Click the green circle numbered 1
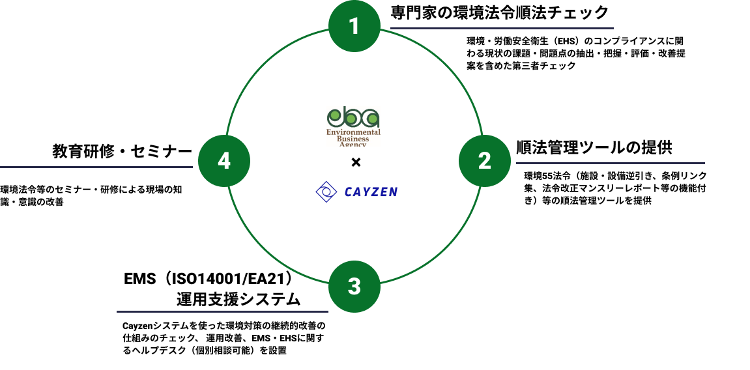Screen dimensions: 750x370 [x=354, y=26]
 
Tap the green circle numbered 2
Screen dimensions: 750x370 [x=484, y=160]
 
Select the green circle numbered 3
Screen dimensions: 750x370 [x=354, y=287]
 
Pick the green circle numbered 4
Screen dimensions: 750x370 [x=224, y=160]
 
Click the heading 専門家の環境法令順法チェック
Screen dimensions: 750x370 [x=500, y=12]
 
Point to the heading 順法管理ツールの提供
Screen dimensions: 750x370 [x=594, y=147]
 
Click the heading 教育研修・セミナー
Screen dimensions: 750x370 [x=123, y=152]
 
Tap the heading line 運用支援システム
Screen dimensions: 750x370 [x=238, y=300]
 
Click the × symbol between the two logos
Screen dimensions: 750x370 [x=355, y=162]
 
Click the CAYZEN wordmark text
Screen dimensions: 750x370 [x=371, y=192]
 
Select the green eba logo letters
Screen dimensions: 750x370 [x=353, y=118]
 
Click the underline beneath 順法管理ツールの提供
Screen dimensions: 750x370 [x=610, y=163]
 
